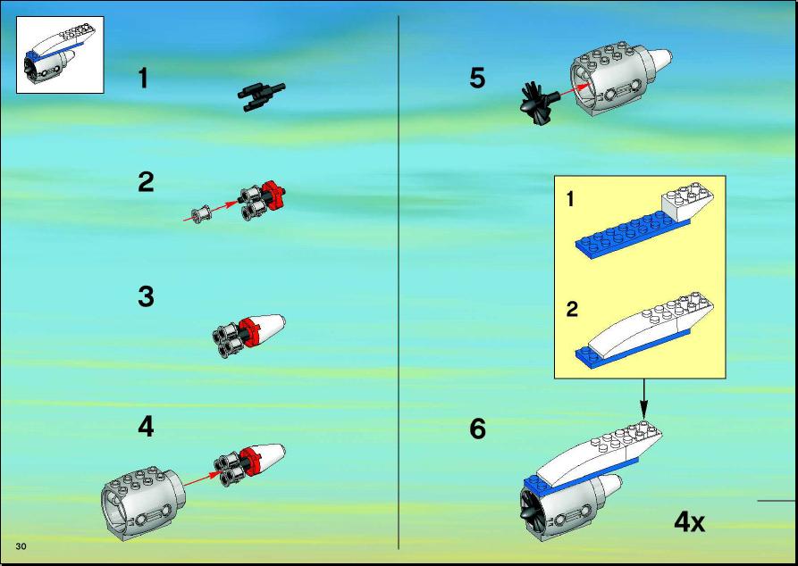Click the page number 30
coord(21,546)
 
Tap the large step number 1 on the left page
coord(144,79)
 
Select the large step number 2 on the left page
coord(146,182)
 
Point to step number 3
coord(146,296)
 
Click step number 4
coord(146,426)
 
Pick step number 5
coord(477,79)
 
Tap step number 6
coord(477,429)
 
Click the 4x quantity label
coord(690,521)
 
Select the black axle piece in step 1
coord(261,96)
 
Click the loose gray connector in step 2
coord(202,214)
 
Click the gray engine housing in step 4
coord(143,503)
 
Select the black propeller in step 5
coord(540,103)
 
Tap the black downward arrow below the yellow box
coord(643,399)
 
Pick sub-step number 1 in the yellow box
coord(570,198)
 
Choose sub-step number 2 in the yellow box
coord(573,309)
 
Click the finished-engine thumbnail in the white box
coord(60,54)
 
